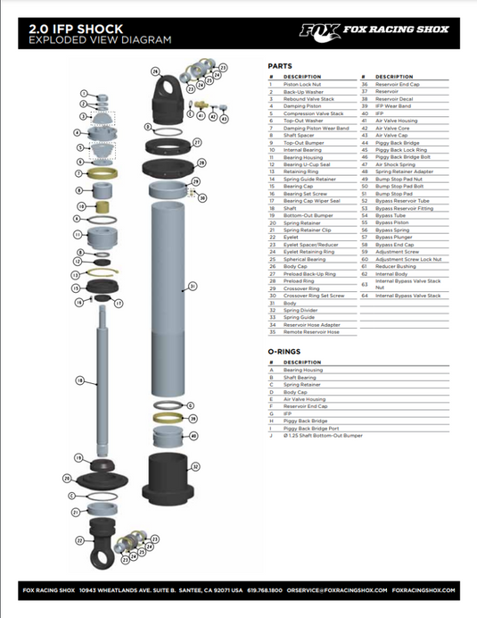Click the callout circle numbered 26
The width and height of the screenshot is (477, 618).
pyautogui.click(x=154, y=71)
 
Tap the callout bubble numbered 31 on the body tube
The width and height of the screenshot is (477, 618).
pyautogui.click(x=192, y=287)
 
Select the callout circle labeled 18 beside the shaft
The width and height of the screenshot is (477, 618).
pyautogui.click(x=80, y=381)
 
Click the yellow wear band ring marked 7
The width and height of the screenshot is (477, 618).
pyautogui.click(x=105, y=172)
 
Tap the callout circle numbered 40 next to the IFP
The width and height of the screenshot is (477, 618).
pyautogui.click(x=193, y=436)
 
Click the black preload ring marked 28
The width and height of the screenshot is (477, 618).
pyautogui.click(x=169, y=164)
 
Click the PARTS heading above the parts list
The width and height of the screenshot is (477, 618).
pyautogui.click(x=280, y=66)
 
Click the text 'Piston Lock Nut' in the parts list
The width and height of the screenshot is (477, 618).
pyautogui.click(x=302, y=84)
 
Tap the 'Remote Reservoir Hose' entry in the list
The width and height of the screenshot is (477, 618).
pyautogui.click(x=311, y=331)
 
